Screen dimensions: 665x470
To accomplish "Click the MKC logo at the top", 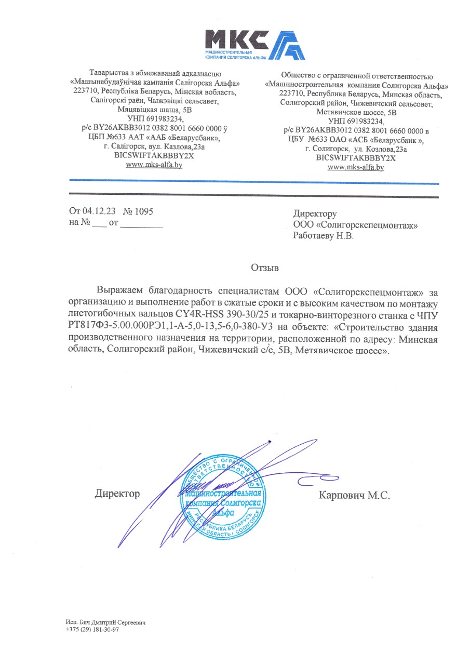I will tap(254, 44).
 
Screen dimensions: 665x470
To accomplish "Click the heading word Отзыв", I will tap(265, 268).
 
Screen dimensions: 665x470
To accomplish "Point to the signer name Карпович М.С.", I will tap(354, 495).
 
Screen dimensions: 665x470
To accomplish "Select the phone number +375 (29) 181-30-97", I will tap(92, 629).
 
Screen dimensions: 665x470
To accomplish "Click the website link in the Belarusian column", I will tap(154, 165).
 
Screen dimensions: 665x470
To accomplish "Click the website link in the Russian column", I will tap(355, 167).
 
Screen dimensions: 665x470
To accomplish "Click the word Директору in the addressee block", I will tap(315, 214).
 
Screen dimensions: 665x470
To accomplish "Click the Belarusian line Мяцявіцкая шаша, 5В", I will tap(154, 110).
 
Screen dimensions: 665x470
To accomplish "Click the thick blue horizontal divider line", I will tap(254, 181).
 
